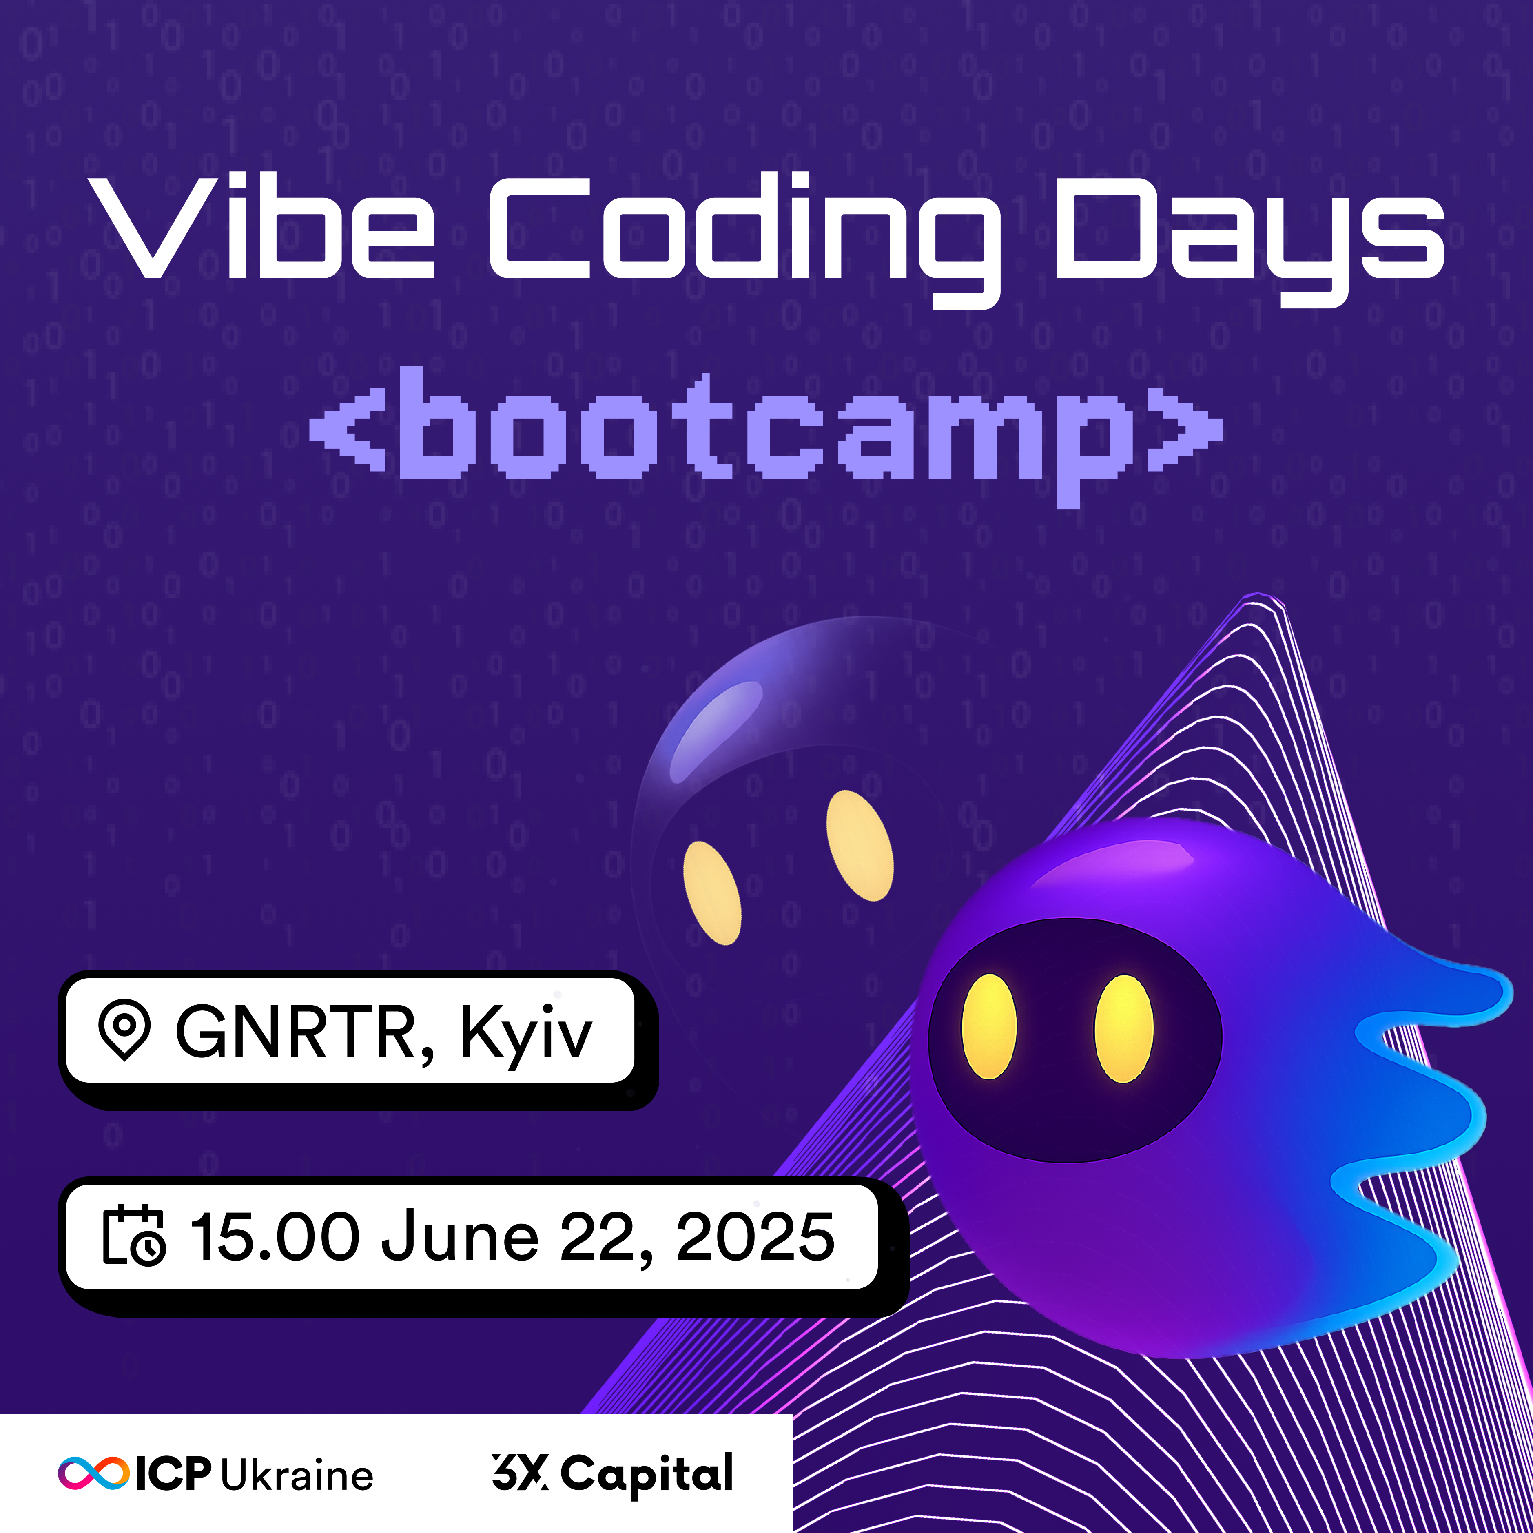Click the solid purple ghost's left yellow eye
[989, 1027]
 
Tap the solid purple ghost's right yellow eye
[1123, 1028]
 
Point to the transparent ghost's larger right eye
[860, 846]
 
